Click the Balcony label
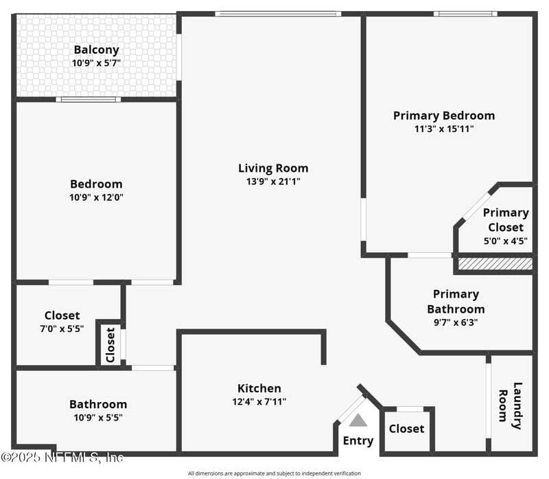tap(96, 49)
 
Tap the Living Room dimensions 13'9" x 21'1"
tap(273, 181)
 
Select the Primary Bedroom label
tap(444, 115)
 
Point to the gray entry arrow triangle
tap(358, 420)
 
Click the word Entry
tap(358, 441)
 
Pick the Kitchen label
tap(259, 388)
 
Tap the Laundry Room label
tap(511, 405)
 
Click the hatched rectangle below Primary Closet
tap(495, 264)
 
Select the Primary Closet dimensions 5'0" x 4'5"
tap(506, 241)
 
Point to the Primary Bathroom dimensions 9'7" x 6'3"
tap(456, 322)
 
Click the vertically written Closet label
tap(110, 345)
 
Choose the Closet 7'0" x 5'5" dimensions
tap(62, 328)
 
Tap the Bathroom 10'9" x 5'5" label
tap(98, 411)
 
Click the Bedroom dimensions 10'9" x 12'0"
tap(96, 197)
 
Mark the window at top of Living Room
tap(278, 14)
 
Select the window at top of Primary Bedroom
tap(465, 14)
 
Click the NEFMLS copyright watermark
tap(62, 457)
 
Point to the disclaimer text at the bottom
tap(274, 474)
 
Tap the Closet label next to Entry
tap(406, 429)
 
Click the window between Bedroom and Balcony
tap(89, 100)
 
